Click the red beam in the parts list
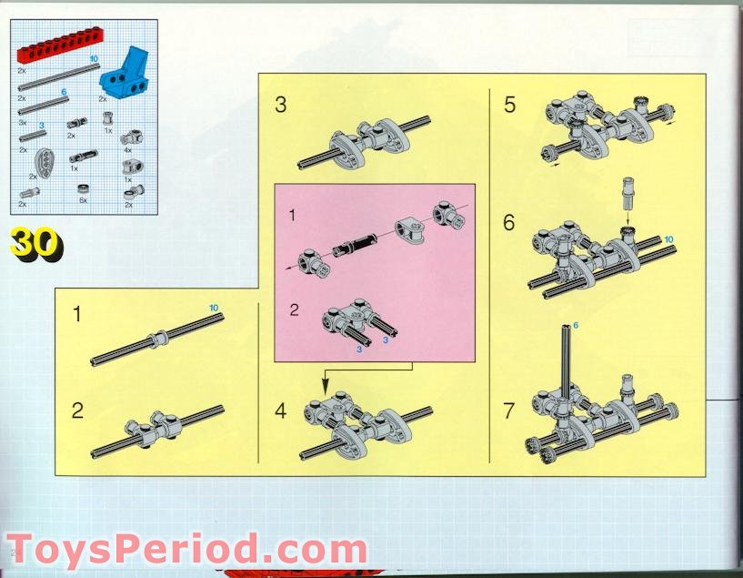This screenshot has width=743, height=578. [x=60, y=44]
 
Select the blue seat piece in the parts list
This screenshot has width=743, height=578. [x=125, y=74]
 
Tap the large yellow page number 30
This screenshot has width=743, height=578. [x=35, y=244]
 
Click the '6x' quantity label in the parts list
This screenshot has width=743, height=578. [x=84, y=200]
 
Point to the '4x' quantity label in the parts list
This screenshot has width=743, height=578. [x=127, y=150]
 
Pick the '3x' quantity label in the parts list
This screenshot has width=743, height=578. [x=22, y=122]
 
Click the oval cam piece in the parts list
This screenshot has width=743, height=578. [x=44, y=163]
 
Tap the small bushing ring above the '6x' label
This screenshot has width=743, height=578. [x=84, y=189]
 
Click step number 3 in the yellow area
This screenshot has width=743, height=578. [x=280, y=105]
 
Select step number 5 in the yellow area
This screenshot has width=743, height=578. [x=509, y=105]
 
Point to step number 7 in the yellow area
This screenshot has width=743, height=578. [x=509, y=411]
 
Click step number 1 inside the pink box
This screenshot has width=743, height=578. [x=292, y=215]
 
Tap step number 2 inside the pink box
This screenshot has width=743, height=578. [x=295, y=309]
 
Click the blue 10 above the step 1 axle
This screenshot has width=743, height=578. [x=214, y=308]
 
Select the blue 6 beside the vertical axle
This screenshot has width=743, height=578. [x=576, y=325]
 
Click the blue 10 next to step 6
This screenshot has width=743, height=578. [x=668, y=239]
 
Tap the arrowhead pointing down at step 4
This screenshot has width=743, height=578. [x=325, y=388]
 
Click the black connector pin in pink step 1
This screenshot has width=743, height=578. [x=354, y=245]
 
